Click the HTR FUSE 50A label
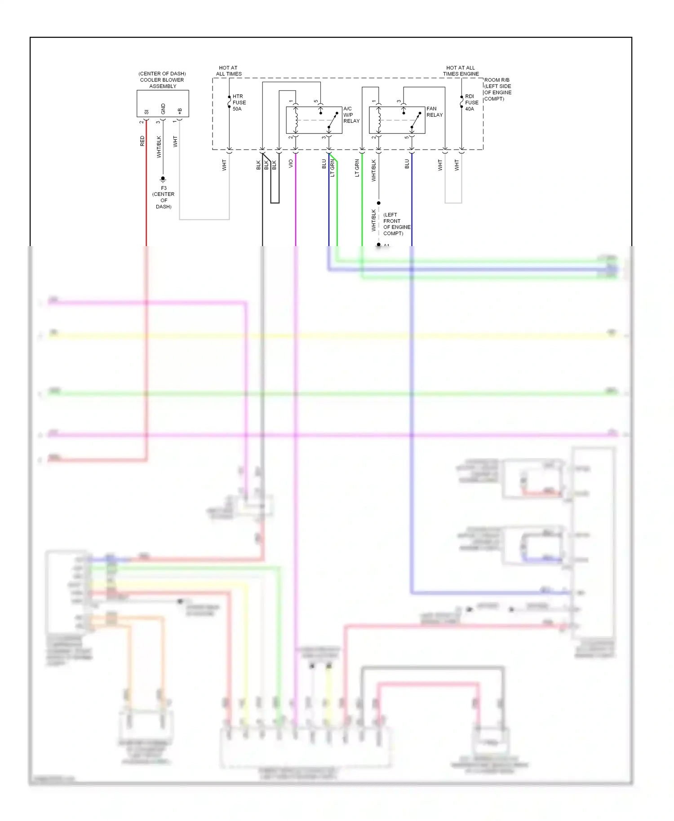pos(239,102)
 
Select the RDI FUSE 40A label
pos(471,102)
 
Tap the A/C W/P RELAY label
pos(351,115)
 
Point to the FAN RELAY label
pos(434,112)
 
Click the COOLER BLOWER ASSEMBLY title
pos(162,80)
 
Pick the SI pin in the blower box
pos(146,112)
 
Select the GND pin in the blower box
pos(163,109)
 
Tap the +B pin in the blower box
pos(180,110)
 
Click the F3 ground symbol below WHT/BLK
pos(163,179)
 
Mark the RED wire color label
pos(142,141)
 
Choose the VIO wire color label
pos(291,164)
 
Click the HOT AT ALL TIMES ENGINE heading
pos(461,71)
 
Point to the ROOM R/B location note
pos(497,89)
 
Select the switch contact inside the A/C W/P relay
pos(333,120)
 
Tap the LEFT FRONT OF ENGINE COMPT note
pos(396,224)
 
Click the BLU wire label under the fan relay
pos(407,164)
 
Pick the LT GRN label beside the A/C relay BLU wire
pos(333,168)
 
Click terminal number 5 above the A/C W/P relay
pos(316,102)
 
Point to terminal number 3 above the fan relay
pos(399,102)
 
